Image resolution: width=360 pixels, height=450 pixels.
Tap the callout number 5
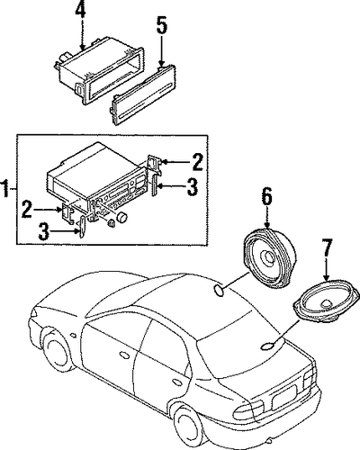(162, 26)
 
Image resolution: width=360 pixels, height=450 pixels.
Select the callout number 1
(5, 188)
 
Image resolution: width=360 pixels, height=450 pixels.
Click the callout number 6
(267, 196)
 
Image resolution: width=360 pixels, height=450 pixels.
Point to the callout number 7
(327, 247)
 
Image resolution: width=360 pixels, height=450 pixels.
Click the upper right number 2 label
(197, 162)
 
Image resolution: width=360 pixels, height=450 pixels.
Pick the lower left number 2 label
(27, 209)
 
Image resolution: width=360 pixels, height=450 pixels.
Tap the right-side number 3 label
(193, 186)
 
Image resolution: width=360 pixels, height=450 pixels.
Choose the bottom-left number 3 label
(44, 231)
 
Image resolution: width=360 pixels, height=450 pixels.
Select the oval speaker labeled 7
(327, 301)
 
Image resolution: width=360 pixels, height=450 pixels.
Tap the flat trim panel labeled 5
(143, 94)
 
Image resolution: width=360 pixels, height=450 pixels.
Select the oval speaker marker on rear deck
(267, 346)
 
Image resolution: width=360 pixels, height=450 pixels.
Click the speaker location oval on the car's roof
(219, 290)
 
